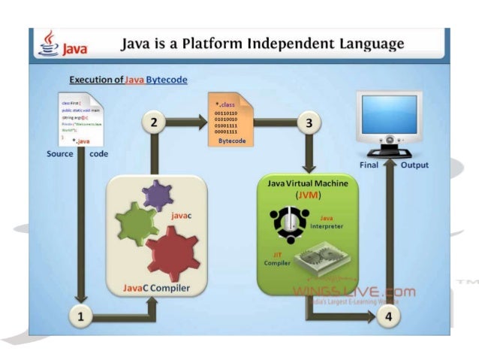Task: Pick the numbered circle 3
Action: click(x=307, y=123)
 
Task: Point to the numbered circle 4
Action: click(x=388, y=316)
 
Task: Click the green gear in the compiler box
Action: click(x=136, y=223)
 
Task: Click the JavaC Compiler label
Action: click(x=156, y=289)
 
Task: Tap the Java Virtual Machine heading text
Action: click(x=309, y=183)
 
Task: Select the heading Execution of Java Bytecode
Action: click(x=128, y=79)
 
